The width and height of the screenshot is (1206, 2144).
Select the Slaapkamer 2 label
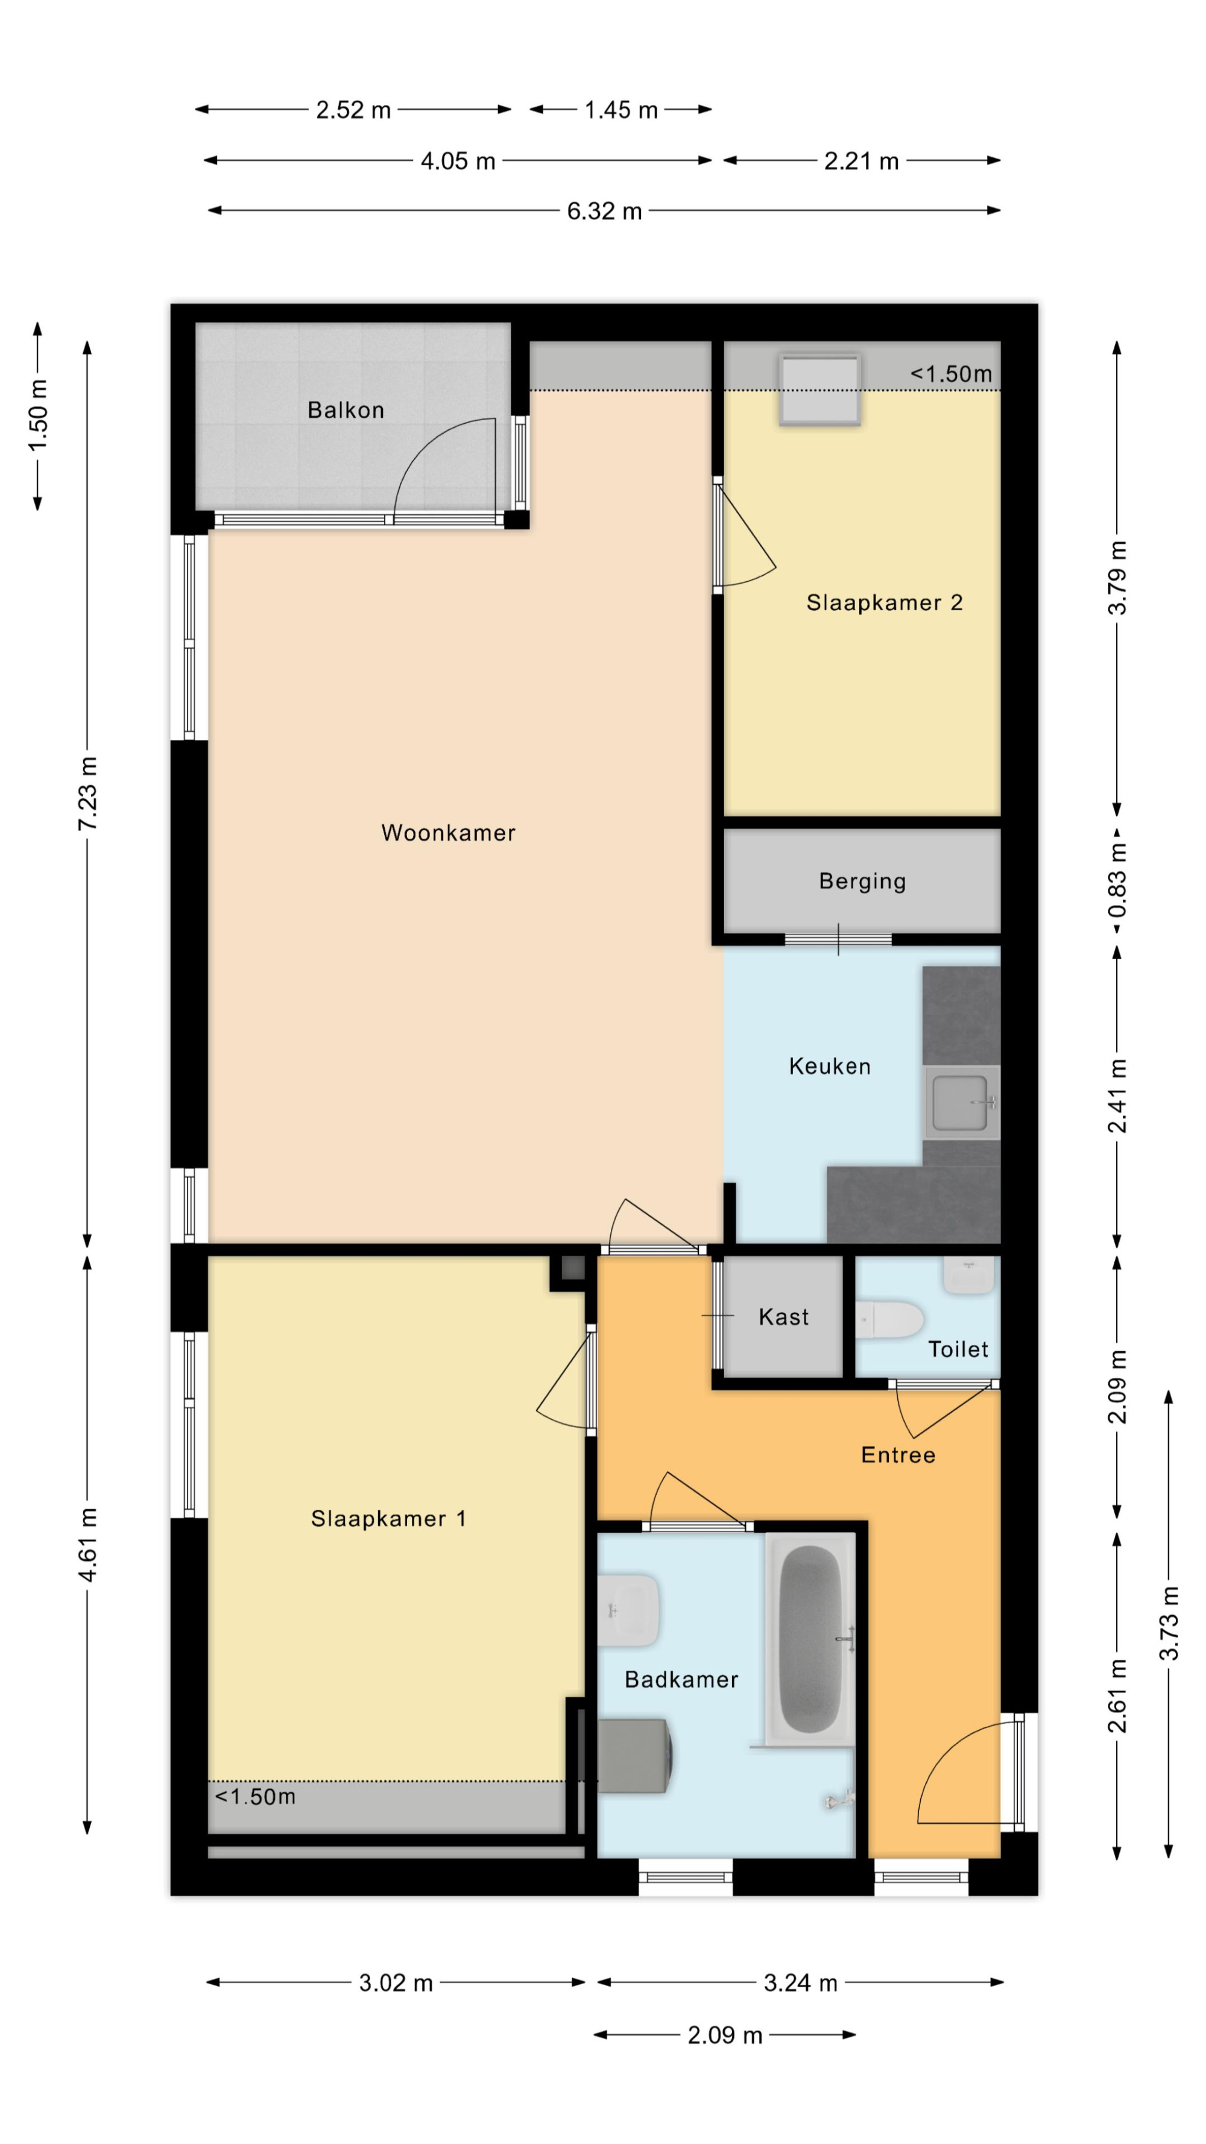coord(884,602)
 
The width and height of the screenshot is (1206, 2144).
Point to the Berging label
coord(862,881)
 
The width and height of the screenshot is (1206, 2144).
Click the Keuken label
coord(830,1066)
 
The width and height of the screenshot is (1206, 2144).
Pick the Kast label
coord(783,1317)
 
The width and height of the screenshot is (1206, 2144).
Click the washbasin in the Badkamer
coord(629,1610)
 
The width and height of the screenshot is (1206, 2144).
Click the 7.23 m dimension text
coord(87,793)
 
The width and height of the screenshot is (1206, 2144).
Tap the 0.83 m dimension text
coord(1117,880)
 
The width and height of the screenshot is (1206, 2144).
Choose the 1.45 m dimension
coord(621,110)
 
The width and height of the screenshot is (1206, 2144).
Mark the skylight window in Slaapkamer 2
coord(819,389)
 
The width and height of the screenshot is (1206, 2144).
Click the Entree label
coord(898,1455)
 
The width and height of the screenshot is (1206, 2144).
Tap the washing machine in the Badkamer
coord(634,1757)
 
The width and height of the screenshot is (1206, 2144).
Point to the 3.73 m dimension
coord(1169,1624)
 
